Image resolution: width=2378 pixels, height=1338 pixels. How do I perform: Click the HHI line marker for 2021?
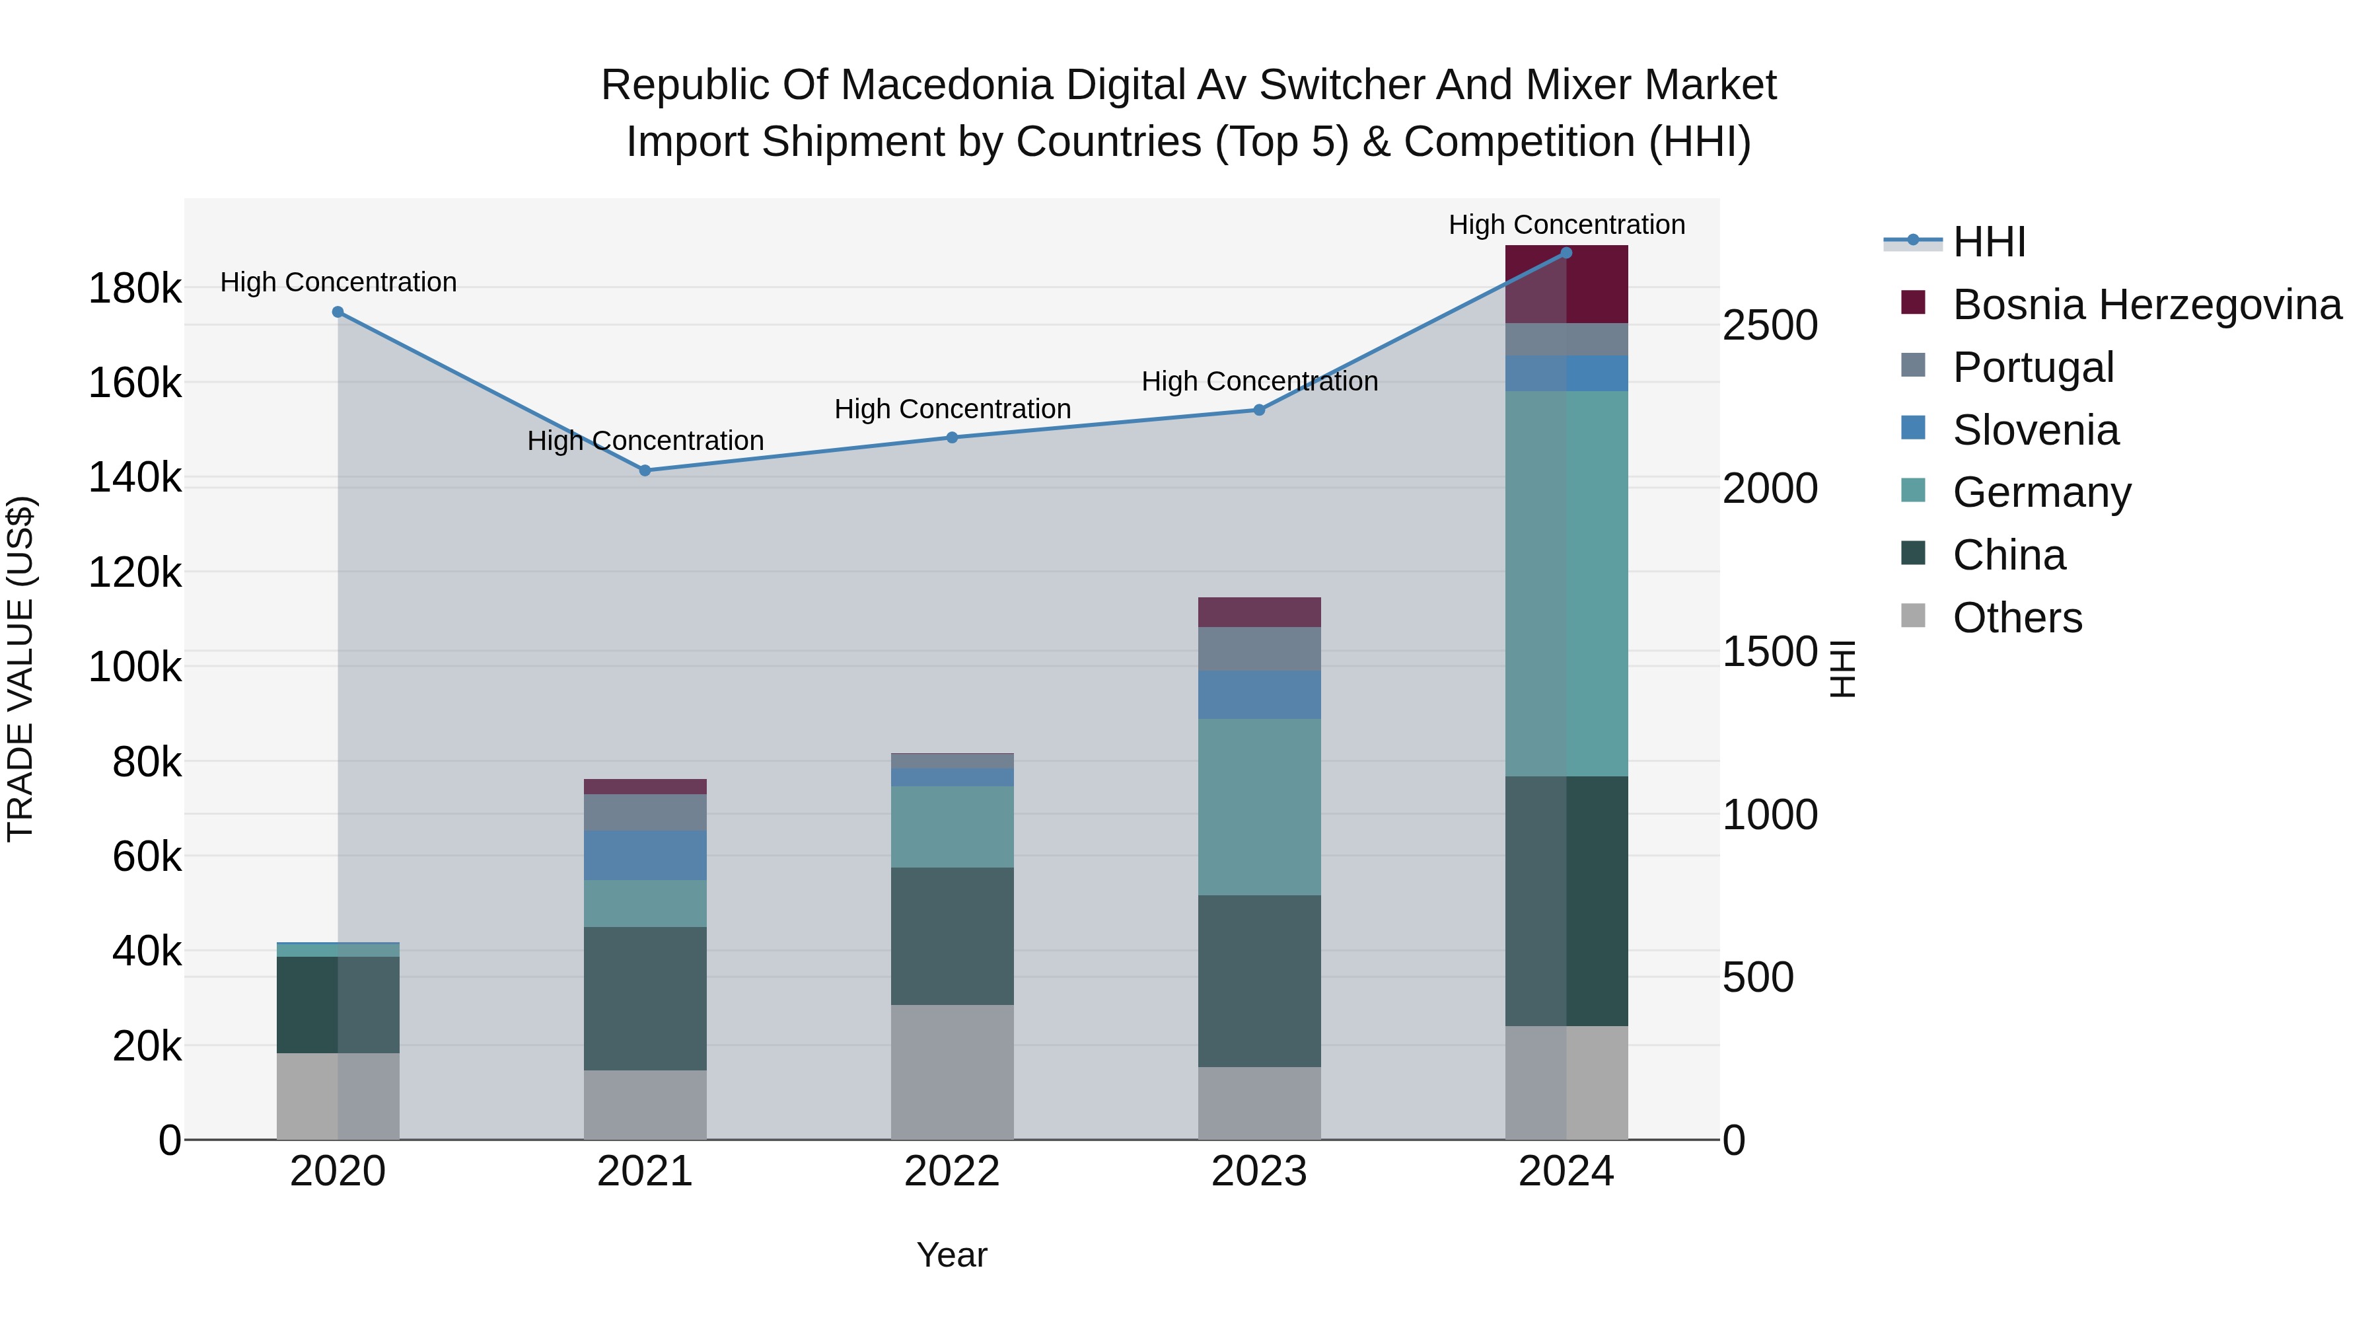[x=645, y=471]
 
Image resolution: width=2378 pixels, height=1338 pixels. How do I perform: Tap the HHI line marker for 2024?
[x=1567, y=253]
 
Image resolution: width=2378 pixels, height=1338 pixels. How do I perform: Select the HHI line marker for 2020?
[x=338, y=312]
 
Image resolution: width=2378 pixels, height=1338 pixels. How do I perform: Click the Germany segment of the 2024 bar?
[x=1567, y=583]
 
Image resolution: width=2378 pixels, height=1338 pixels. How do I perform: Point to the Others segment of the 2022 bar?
[x=952, y=1072]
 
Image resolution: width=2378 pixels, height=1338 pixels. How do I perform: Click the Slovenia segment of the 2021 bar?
[x=645, y=855]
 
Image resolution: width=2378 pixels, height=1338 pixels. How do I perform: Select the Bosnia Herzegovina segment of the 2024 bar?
[x=1567, y=284]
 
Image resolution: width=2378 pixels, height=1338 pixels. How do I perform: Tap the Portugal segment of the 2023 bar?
[x=1259, y=649]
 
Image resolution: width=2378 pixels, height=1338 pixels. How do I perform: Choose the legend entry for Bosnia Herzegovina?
[x=2145, y=305]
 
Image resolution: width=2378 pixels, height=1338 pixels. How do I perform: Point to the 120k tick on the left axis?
[x=135, y=572]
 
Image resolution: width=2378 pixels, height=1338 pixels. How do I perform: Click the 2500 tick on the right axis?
[x=1770, y=325]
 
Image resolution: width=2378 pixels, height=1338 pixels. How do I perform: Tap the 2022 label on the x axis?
[x=952, y=1171]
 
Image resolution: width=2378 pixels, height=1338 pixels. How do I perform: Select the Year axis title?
[x=952, y=1255]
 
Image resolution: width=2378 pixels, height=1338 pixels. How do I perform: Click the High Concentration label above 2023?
[x=1259, y=381]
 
